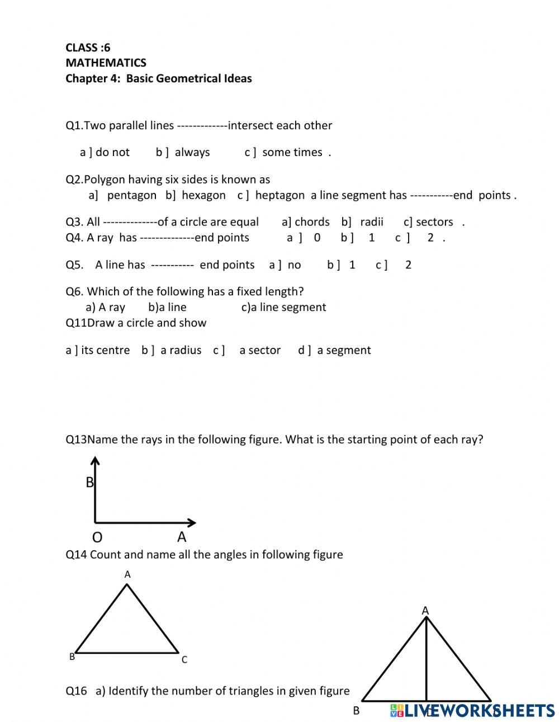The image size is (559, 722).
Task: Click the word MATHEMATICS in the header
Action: tap(106, 63)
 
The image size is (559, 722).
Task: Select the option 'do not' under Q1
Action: tap(112, 152)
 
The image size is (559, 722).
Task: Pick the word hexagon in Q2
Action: tap(203, 195)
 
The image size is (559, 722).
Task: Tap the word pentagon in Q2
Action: tap(131, 195)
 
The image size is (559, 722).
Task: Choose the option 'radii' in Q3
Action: tap(372, 222)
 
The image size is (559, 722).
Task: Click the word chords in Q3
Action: tap(312, 222)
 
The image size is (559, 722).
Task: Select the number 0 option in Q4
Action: tap(317, 238)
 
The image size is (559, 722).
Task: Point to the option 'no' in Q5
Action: tap(294, 265)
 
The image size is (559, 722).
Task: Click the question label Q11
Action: tap(76, 323)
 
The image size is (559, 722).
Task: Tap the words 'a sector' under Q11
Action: tap(260, 350)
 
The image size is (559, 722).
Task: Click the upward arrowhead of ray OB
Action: tap(95, 460)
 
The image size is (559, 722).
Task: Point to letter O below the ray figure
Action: tap(97, 537)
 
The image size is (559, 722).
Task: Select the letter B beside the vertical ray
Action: tap(89, 482)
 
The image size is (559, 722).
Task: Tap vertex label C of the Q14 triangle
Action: tap(184, 660)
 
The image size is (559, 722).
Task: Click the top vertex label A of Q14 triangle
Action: tap(127, 574)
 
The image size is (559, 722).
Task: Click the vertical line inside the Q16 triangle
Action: tap(427, 660)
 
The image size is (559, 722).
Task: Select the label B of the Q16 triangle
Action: tap(356, 711)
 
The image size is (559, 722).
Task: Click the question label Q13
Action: tap(76, 440)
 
